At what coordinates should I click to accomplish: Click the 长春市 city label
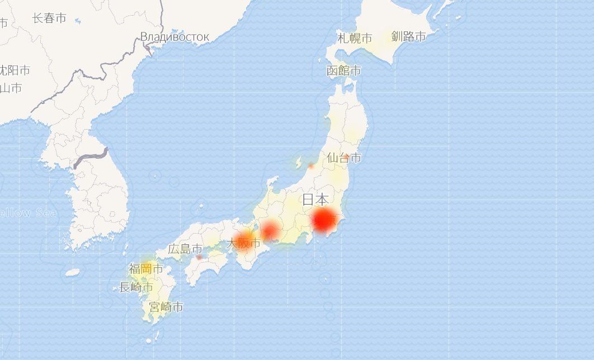coord(49,18)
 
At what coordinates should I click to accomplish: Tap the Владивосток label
coord(175,37)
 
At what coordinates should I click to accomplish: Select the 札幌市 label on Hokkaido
coord(355,39)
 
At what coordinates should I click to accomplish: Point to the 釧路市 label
coord(408,37)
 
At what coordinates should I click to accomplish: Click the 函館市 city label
coord(343,71)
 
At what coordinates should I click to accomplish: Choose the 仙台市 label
coord(344,158)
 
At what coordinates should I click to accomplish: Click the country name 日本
coord(315,200)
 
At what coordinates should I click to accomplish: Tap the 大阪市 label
coord(243,244)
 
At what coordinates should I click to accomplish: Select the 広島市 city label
coord(185,249)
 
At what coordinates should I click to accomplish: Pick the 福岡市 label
coord(146,269)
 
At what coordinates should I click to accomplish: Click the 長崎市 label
coord(136,287)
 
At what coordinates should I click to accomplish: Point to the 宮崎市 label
coord(166,307)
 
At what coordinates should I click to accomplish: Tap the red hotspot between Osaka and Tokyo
coord(271,230)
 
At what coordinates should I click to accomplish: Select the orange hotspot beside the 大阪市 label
coord(246,238)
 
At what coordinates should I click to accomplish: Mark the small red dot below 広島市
coord(199,258)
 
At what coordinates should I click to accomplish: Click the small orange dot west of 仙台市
coord(311,166)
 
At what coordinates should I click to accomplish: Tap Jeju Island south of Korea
coord(72,273)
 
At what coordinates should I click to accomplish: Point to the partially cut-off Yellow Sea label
coord(28,212)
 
